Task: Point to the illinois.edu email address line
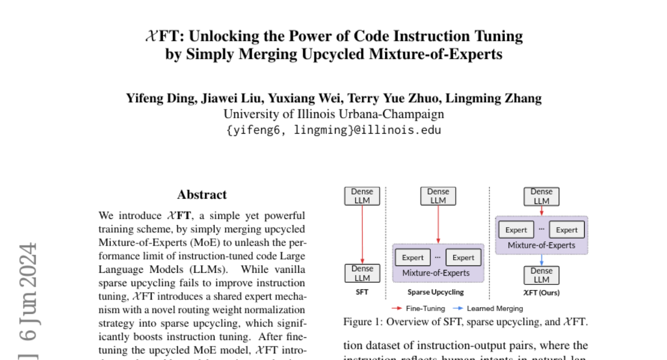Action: (333, 131)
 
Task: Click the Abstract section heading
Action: (202, 194)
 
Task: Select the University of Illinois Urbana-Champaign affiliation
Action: (333, 114)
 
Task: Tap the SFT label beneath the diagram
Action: (362, 292)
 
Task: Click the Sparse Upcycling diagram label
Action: (436, 292)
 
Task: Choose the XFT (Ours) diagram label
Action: (541, 292)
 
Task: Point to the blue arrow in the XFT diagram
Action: (541, 260)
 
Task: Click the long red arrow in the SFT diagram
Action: (362, 234)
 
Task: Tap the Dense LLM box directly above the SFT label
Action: (362, 273)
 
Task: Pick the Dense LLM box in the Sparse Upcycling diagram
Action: (438, 196)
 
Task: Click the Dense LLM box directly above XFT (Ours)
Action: (541, 275)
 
